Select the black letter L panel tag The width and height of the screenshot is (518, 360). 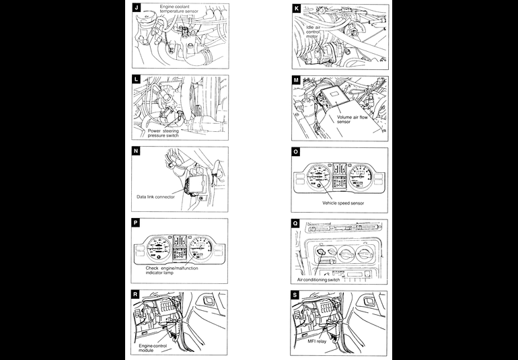click(137, 79)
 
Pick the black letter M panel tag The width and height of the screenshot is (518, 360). click(297, 79)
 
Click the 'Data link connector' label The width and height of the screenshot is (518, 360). click(155, 197)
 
